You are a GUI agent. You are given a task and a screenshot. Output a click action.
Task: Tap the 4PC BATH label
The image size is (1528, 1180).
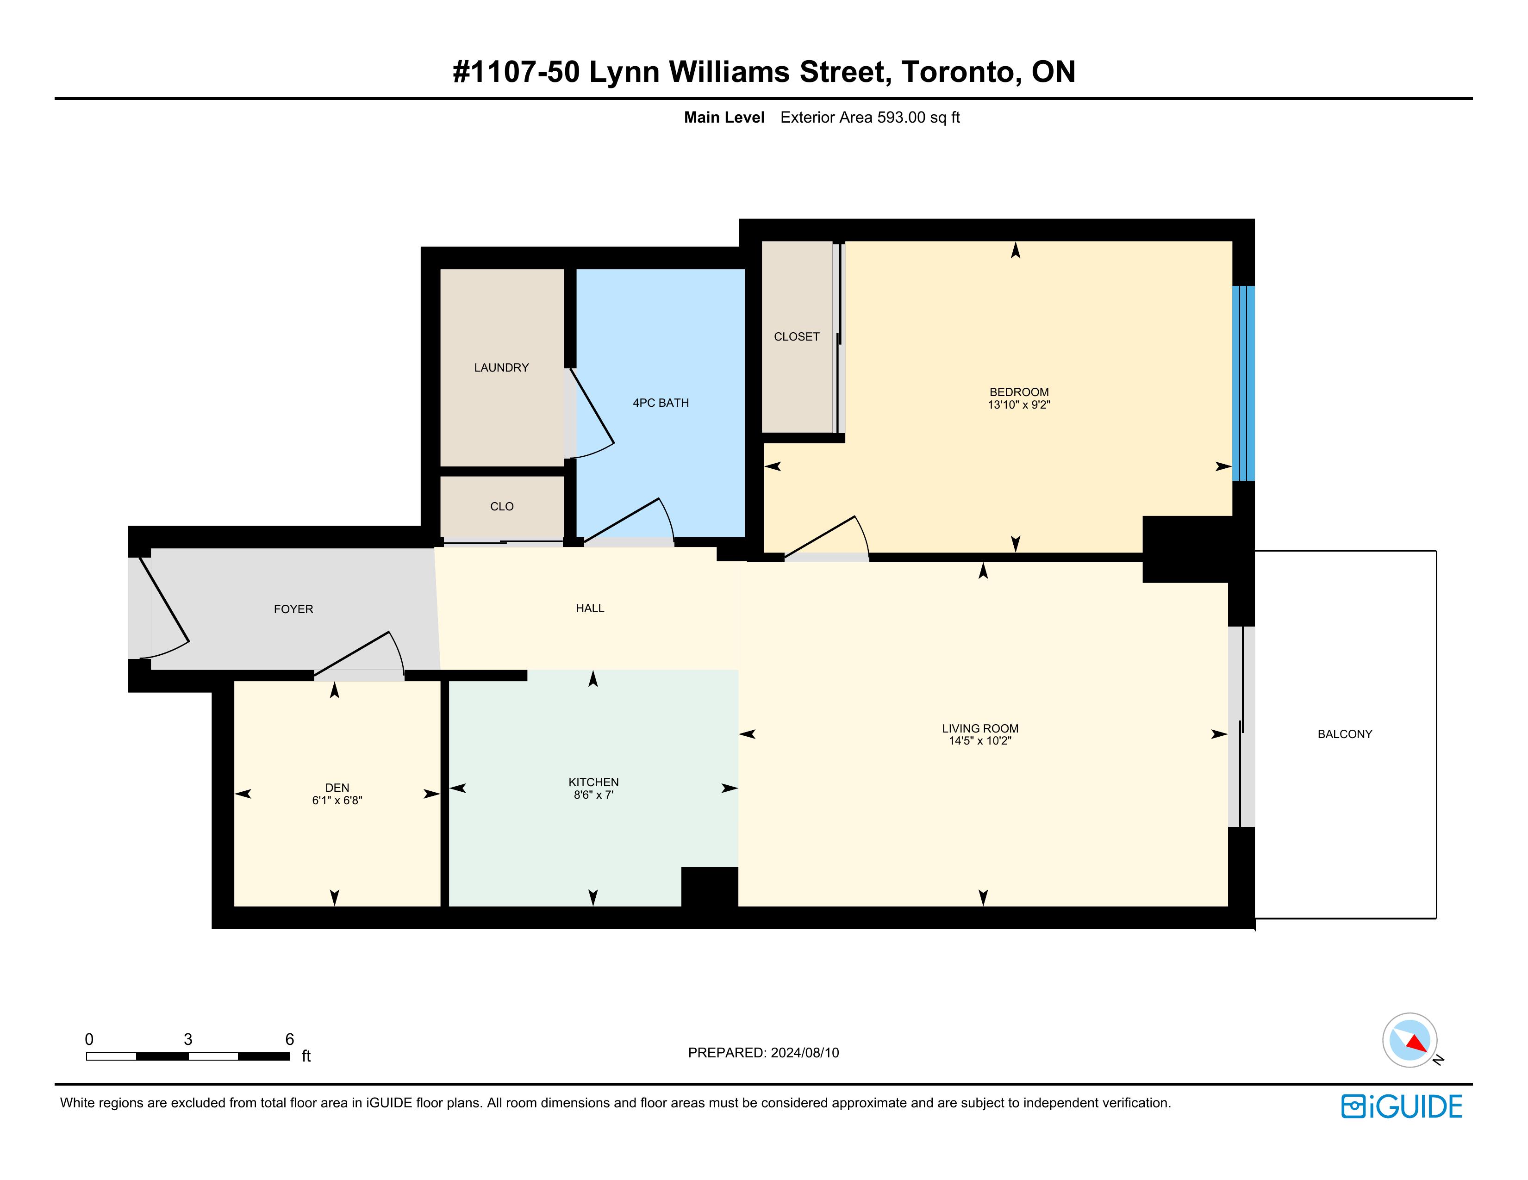[x=661, y=403]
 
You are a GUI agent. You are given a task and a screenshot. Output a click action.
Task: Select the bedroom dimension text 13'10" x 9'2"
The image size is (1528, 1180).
[x=1019, y=405]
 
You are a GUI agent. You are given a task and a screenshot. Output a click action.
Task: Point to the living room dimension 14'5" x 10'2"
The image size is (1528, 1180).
[x=979, y=741]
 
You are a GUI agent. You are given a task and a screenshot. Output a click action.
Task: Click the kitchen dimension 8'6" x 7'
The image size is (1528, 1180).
[x=593, y=795]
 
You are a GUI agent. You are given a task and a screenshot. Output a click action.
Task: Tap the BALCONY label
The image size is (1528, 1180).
[x=1345, y=734]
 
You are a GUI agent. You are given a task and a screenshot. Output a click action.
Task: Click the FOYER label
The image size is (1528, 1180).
[x=293, y=609]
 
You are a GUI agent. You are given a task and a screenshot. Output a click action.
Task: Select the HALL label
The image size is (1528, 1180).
[x=590, y=609]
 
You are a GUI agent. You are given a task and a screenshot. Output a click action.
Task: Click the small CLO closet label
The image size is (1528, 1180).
[x=502, y=506]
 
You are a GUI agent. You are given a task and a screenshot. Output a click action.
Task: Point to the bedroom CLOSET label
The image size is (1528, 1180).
[x=796, y=336]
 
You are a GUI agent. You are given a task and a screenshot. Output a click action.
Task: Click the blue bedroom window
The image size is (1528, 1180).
[x=1243, y=383]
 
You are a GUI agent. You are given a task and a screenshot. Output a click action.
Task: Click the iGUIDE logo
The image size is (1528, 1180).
[x=1401, y=1106]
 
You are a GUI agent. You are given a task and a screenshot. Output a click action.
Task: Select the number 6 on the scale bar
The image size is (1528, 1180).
[x=290, y=1039]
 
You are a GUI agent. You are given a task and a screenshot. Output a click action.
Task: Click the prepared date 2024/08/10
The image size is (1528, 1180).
[x=805, y=1053]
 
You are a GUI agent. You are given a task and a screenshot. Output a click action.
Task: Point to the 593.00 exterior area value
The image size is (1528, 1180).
[x=901, y=118]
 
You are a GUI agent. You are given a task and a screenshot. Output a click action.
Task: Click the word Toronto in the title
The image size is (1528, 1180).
[x=959, y=72]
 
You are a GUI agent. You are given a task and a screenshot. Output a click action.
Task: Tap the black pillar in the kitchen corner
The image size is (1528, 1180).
[x=710, y=887]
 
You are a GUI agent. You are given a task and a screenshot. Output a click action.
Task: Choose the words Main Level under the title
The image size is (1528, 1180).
[x=724, y=118]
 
